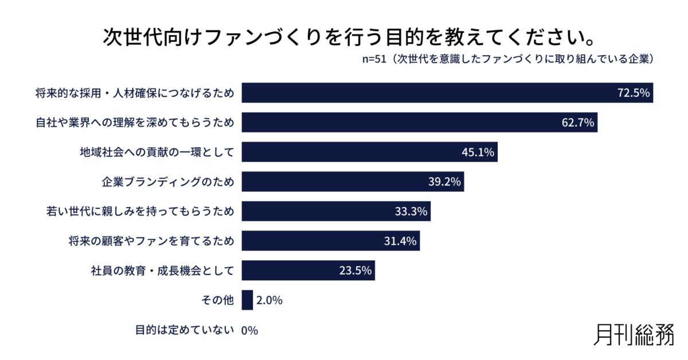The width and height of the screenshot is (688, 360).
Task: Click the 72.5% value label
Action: [x=633, y=93]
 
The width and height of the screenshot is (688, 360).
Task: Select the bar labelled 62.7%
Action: [x=419, y=122]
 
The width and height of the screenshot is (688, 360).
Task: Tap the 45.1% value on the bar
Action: [x=478, y=152]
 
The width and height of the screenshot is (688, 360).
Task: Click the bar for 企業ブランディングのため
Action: [x=352, y=182]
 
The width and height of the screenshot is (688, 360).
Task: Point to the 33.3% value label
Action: [x=411, y=212]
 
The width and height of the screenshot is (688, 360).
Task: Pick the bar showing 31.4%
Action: [x=330, y=241]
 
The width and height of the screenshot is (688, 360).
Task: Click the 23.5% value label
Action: [x=355, y=271]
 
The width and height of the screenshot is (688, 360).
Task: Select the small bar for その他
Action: [x=247, y=300]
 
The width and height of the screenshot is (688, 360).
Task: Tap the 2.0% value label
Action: [x=269, y=300]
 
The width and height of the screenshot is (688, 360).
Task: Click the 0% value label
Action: [x=250, y=330]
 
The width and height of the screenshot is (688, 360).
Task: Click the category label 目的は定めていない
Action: [x=185, y=330]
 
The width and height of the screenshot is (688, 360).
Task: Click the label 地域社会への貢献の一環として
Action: [x=157, y=152]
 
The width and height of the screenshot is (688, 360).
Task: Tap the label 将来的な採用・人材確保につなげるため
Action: [x=135, y=93]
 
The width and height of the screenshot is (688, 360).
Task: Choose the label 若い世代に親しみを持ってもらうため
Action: [x=140, y=212]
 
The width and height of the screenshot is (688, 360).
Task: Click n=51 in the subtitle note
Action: [x=374, y=60]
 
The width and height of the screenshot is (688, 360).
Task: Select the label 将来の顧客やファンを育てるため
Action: [x=151, y=241]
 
